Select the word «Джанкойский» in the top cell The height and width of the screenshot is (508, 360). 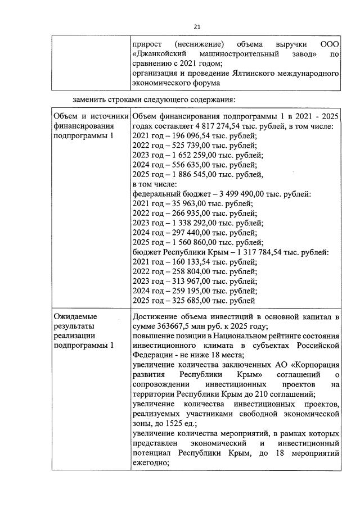[160, 54]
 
